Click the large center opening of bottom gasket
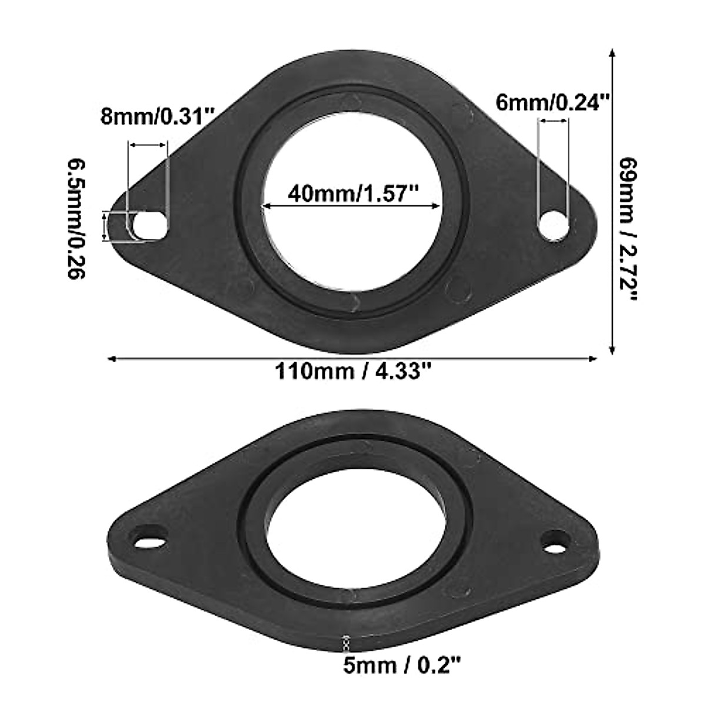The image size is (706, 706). click(353, 535)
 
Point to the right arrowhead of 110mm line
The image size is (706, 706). click(594, 357)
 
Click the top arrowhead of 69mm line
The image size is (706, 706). click(612, 54)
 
